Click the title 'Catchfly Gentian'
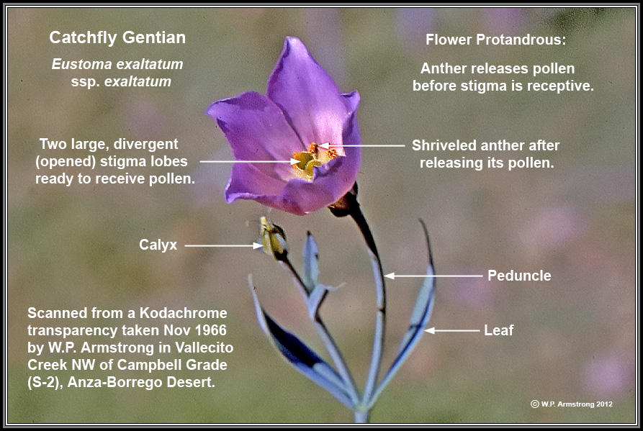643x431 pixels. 117,37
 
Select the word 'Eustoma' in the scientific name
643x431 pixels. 81,64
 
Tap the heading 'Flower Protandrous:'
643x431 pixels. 495,40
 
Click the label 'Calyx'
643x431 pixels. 158,245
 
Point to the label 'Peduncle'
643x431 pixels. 519,276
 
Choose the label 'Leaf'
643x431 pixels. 499,330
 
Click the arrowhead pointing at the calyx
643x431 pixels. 258,246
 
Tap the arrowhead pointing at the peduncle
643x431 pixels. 389,276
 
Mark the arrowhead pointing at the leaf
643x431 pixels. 429,330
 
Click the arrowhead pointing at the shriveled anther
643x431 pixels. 323,145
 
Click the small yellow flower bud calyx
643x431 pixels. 272,237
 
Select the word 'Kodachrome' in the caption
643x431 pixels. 183,313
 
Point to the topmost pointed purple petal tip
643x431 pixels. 292,39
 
